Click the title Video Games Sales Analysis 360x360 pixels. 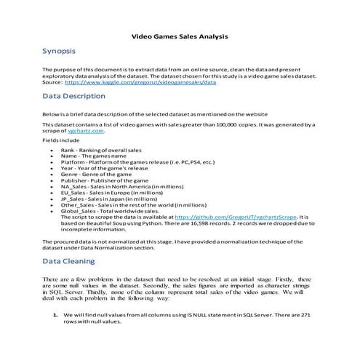(180, 34)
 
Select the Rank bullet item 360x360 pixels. (95, 149)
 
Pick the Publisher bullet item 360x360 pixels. (105, 180)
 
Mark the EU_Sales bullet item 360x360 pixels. (110, 193)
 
